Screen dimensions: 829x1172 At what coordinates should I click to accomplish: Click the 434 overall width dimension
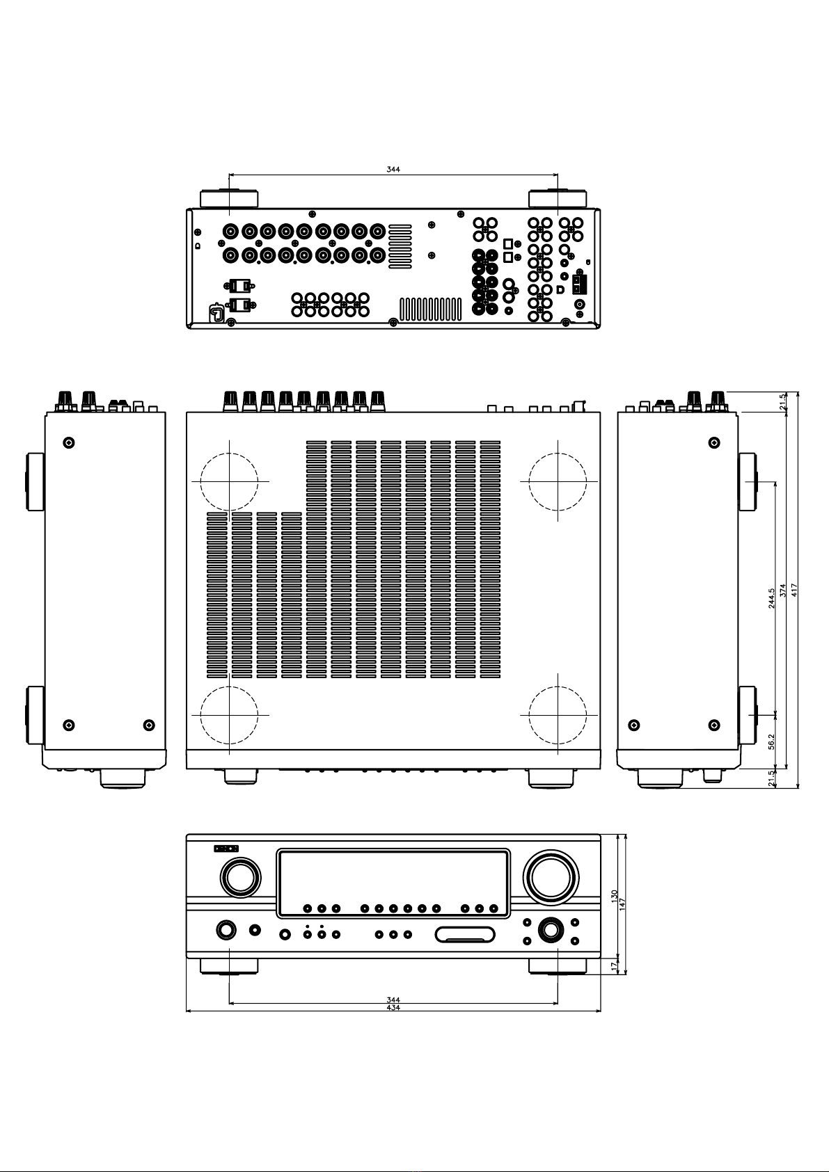click(x=393, y=1008)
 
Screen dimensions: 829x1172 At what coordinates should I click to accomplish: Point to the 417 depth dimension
click(x=794, y=591)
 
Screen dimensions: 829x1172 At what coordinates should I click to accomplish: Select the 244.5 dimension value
click(x=771, y=598)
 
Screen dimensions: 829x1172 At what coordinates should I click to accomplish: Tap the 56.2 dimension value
click(x=771, y=741)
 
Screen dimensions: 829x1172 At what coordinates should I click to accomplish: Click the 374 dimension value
click(x=783, y=591)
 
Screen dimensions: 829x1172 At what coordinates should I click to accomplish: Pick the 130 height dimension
click(x=615, y=896)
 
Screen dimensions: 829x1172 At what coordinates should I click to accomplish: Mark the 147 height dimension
click(x=623, y=904)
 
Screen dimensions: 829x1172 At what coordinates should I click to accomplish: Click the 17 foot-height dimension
click(x=615, y=966)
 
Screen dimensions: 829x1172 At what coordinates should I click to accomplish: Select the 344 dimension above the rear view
click(x=393, y=170)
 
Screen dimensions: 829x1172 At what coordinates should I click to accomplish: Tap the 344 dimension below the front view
click(x=393, y=1000)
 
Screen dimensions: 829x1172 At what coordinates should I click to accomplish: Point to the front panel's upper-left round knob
click(x=240, y=877)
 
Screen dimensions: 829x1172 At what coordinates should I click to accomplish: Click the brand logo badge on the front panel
click(x=226, y=848)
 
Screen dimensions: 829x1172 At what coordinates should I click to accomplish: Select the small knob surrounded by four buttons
click(x=551, y=930)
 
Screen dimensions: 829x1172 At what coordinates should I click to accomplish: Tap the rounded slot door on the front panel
click(x=465, y=934)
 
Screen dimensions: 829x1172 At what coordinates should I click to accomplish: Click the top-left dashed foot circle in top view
click(x=229, y=481)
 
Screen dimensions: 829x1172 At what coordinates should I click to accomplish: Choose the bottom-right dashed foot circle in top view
click(x=558, y=715)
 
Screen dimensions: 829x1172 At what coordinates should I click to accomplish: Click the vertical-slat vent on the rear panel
click(x=430, y=310)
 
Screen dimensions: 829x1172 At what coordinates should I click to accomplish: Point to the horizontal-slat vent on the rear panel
click(x=400, y=246)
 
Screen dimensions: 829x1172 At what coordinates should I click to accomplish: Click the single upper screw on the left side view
click(x=69, y=442)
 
